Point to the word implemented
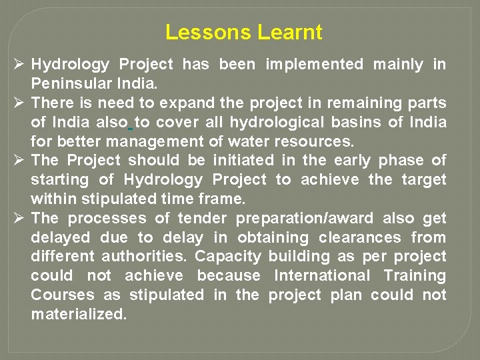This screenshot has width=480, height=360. pos(315,65)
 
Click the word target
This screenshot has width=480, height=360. pos(424,180)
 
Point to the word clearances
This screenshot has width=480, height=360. pos(360,237)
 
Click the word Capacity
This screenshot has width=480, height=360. pos(229,257)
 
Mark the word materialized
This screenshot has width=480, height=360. pos(79,314)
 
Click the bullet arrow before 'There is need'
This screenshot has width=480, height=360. pos(19,103)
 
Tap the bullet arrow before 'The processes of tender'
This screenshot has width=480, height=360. pos(19,219)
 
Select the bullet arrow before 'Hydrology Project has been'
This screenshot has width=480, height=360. pos(19,65)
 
